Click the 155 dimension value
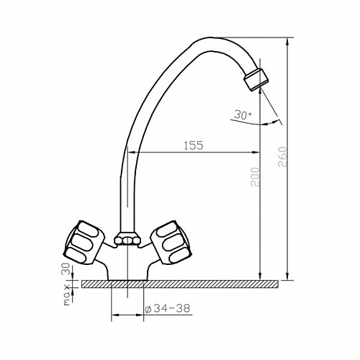click(194, 145)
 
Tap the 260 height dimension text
click(283, 157)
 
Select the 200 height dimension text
click(255, 177)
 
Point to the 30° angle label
click(243, 114)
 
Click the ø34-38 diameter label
click(168, 308)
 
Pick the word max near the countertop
click(68, 295)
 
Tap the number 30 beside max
click(67, 269)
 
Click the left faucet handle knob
click(84, 243)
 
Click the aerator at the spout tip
click(256, 80)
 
